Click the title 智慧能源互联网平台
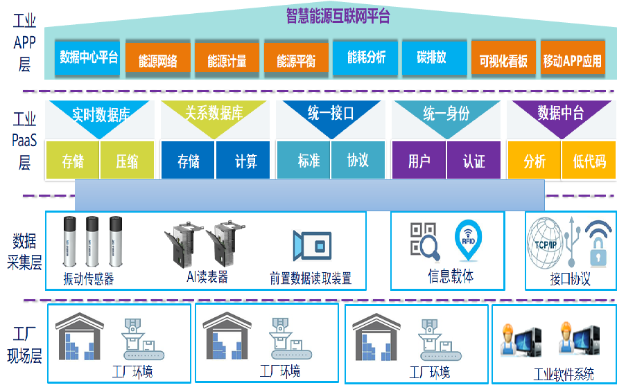coord(338,16)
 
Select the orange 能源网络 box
coord(158,60)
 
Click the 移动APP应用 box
coord(573,61)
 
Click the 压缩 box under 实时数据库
coord(128,161)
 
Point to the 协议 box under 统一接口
coord(358,161)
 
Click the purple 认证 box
coord(474,161)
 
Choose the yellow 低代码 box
coord(589,161)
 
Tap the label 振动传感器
coord(88,279)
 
